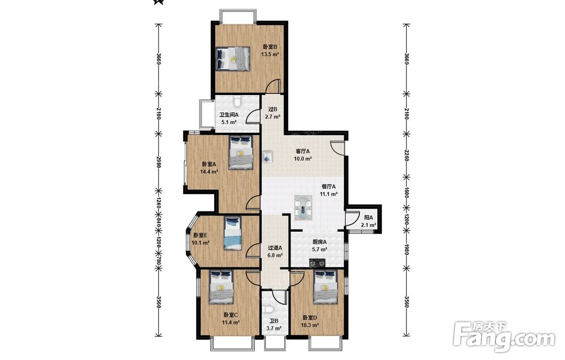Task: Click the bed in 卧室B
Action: (233, 58)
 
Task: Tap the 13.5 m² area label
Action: (270, 54)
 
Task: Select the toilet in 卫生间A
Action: (237, 100)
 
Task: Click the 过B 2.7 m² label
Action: (273, 113)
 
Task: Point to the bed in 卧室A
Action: (241, 152)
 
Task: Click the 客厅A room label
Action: (303, 151)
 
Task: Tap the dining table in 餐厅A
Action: (303, 207)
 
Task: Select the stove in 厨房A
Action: (318, 263)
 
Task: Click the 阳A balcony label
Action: (368, 218)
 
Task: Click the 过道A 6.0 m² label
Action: (275, 251)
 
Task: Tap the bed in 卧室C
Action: (222, 287)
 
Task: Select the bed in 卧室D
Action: (326, 287)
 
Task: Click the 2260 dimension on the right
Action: (407, 155)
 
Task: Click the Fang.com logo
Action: (504, 337)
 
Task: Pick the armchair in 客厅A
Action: (267, 157)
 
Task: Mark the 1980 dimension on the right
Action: (407, 249)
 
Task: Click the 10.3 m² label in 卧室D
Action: (310, 325)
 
